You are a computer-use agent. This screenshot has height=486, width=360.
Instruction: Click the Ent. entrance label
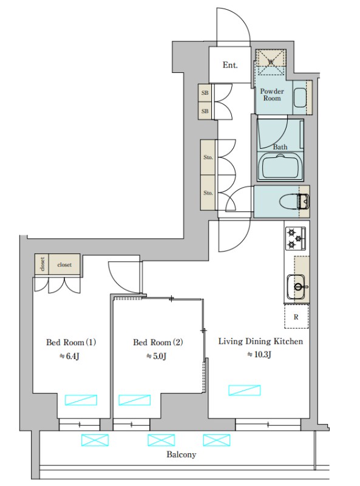[x=230, y=65]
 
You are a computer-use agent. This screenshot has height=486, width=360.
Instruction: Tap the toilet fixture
[x=294, y=202]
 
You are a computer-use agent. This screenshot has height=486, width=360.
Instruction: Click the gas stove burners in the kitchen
[x=295, y=238]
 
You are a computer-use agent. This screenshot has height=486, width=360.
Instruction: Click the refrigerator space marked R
[x=296, y=316]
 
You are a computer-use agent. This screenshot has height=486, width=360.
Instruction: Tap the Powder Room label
[x=272, y=95]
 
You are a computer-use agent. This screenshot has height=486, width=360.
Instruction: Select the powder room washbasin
[x=299, y=98]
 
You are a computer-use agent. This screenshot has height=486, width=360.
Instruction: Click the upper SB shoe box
[x=205, y=93]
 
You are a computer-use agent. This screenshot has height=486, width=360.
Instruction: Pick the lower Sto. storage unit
[x=208, y=193]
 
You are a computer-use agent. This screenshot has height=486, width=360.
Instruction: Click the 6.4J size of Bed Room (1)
[x=70, y=356]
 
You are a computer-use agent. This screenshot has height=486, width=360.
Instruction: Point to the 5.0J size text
[x=157, y=356]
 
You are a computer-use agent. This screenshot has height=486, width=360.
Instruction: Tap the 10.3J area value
[x=260, y=354]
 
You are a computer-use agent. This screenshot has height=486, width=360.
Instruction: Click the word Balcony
[x=182, y=454]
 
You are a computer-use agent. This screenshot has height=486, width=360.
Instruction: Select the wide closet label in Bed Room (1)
[x=64, y=265]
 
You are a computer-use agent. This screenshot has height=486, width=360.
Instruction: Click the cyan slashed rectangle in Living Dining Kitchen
[x=245, y=390]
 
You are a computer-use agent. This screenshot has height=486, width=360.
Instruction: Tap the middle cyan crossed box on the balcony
[x=161, y=440]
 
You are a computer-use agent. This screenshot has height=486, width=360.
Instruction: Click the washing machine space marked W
[x=271, y=62]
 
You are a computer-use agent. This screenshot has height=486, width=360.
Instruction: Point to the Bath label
[x=280, y=147]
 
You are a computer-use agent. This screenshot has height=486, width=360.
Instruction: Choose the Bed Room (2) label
[x=158, y=342]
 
